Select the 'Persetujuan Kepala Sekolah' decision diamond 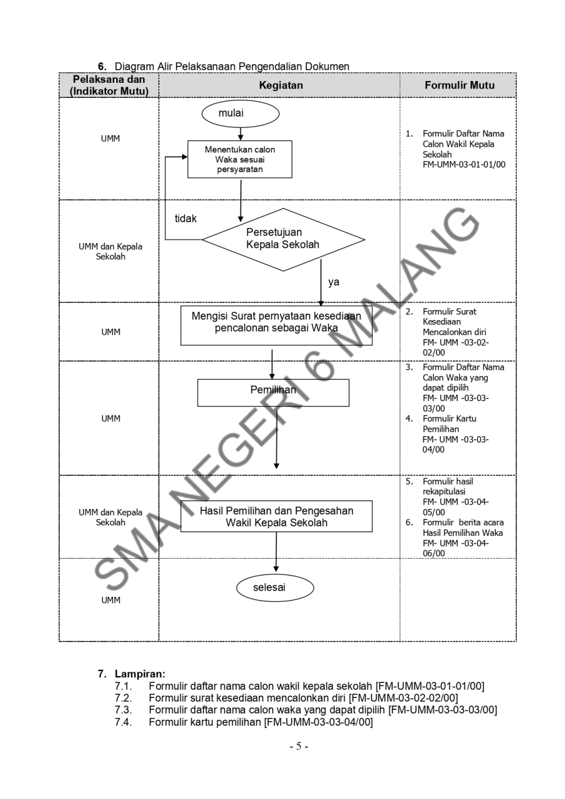coord(282,239)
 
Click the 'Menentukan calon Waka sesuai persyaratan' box coord(240,159)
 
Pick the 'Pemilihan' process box coord(273,392)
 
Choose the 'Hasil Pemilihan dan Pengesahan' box coord(276,516)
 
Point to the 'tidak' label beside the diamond coord(186,218)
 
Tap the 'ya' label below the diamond coord(333,282)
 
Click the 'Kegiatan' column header coord(279,85)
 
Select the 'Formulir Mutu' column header coord(459,85)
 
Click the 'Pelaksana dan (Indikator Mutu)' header coord(109,85)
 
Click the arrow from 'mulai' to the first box coord(240,132)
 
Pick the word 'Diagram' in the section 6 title coord(134,66)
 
